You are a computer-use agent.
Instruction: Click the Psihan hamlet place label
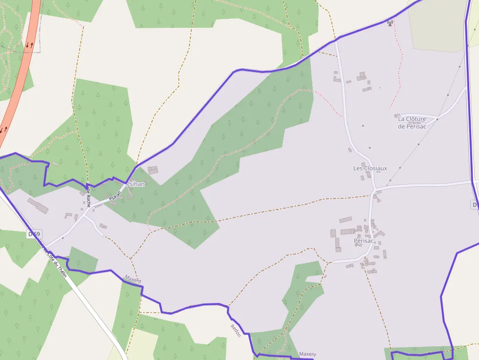[135, 185]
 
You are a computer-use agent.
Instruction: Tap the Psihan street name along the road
[115, 196]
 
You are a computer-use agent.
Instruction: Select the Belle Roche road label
[88, 195]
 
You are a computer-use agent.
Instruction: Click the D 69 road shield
[34, 234]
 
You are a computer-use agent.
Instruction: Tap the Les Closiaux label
[370, 169]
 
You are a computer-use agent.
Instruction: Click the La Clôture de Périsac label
[412, 123]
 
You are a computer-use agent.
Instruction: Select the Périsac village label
[364, 241]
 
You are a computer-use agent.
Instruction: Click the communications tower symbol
[390, 22]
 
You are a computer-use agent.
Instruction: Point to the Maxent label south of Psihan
[132, 279]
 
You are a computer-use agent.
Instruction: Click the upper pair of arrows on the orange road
[30, 45]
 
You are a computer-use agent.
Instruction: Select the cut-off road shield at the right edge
[475, 205]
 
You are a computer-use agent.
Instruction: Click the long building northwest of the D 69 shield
[38, 206]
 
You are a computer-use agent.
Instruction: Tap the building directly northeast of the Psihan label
[153, 170]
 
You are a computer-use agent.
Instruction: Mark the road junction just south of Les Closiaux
[374, 190]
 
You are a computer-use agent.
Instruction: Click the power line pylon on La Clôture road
[437, 119]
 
